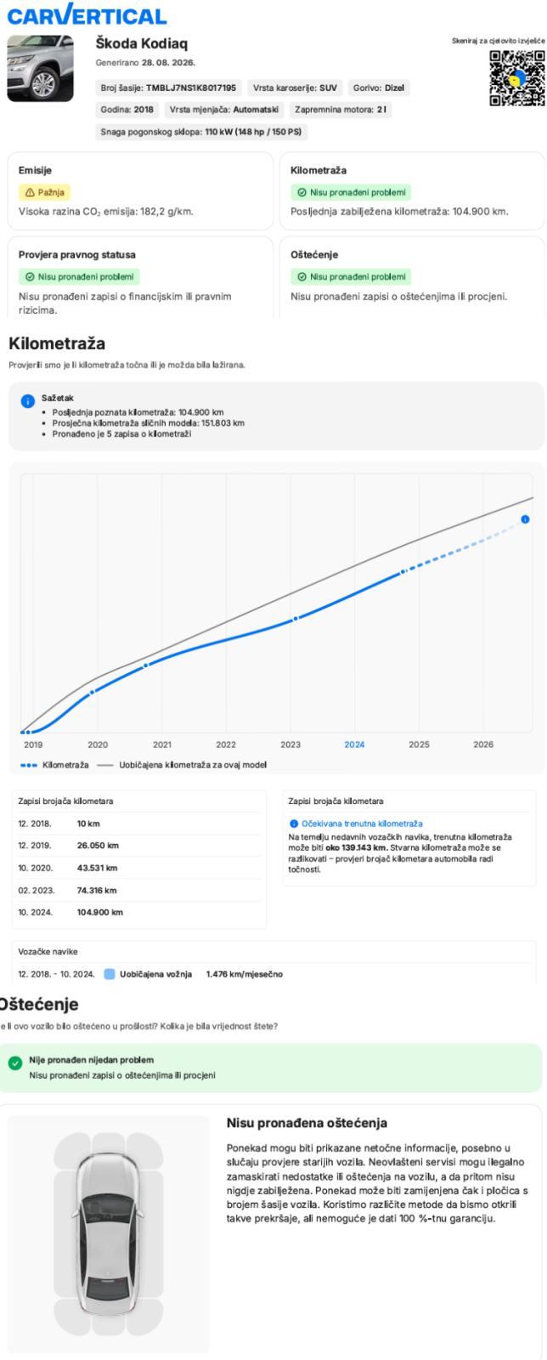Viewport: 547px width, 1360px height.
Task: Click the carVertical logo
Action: point(87,15)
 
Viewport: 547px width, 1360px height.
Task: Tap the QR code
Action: point(516,78)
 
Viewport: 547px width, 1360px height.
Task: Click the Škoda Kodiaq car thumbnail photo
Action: point(40,68)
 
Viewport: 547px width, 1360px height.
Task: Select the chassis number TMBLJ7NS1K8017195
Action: point(191,88)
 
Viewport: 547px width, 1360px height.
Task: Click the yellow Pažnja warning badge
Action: point(44,192)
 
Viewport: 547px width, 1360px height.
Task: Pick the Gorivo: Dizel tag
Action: point(379,88)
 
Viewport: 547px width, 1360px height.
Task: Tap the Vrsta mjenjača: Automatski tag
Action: point(223,110)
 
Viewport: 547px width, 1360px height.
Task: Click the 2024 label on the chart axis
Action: point(354,745)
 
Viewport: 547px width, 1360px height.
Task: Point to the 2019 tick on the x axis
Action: point(33,745)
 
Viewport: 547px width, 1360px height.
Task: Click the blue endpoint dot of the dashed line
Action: point(525,519)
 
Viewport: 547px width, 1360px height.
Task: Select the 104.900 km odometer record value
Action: point(99,912)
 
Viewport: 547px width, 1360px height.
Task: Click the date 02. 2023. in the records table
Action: point(37,890)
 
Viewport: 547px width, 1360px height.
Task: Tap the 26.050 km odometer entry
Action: point(98,845)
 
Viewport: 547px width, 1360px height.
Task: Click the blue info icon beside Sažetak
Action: point(28,401)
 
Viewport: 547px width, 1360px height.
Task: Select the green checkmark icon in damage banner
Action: point(15,1063)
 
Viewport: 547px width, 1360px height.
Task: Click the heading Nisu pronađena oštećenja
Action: point(307,1123)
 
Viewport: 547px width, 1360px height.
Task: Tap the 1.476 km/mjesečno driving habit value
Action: point(245,974)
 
